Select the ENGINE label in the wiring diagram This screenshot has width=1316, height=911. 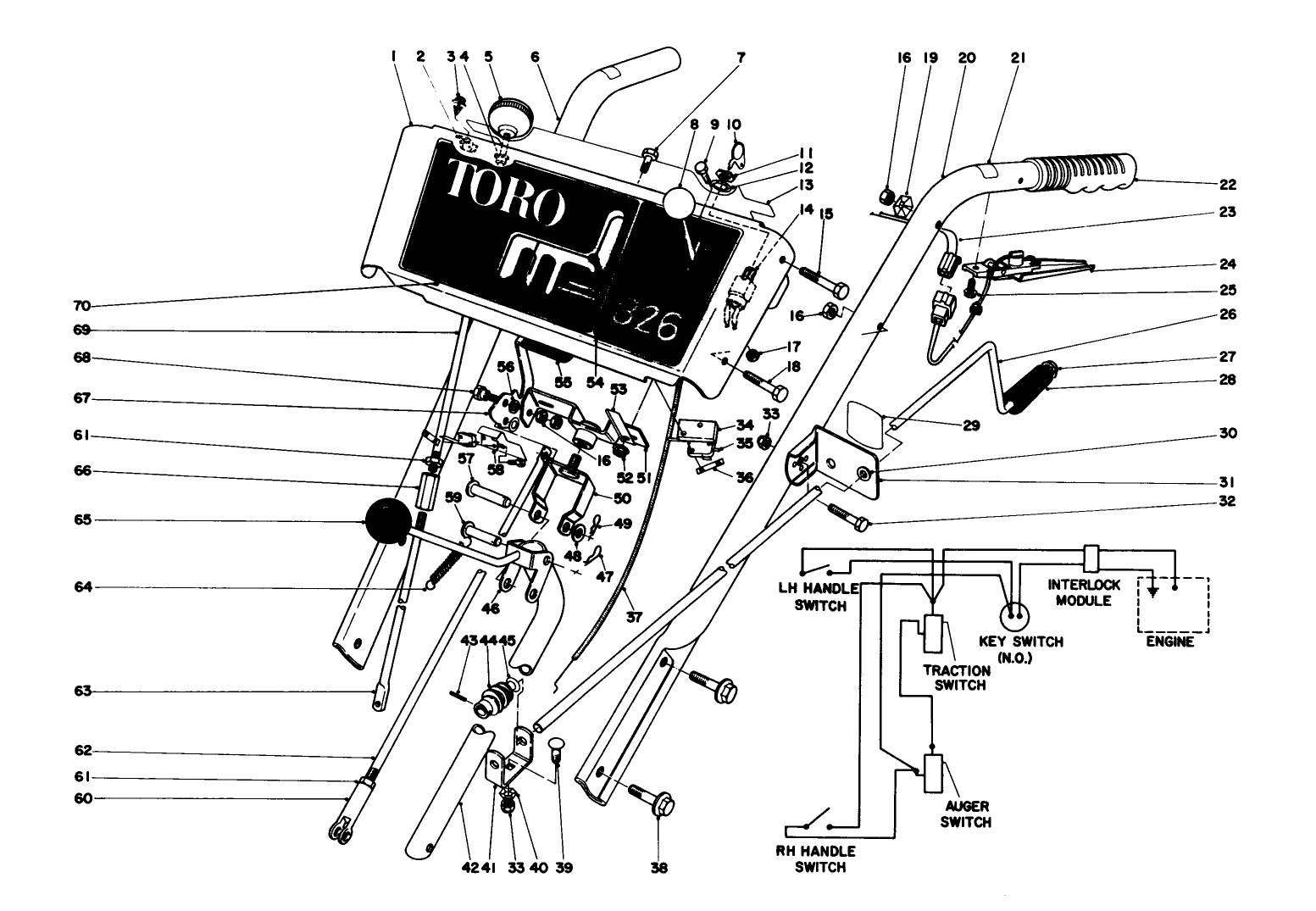1170,642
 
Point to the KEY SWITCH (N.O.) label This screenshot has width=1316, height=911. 1020,649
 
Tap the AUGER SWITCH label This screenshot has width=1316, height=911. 966,814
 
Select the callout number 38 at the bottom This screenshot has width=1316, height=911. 659,868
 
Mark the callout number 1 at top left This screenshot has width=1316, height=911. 394,57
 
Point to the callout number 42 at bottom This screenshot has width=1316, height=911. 465,868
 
